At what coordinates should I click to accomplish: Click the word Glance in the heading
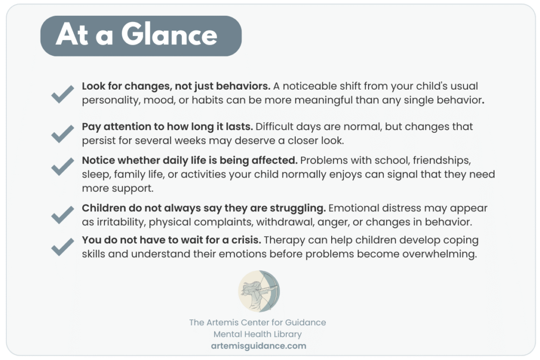(169, 35)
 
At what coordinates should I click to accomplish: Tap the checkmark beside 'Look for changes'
(63, 94)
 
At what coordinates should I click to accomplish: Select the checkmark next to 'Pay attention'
(63, 133)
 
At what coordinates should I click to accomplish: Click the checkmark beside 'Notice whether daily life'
(63, 166)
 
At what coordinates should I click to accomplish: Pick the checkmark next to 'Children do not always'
(63, 215)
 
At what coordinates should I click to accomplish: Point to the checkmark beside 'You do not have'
(63, 247)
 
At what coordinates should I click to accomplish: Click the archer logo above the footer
(259, 291)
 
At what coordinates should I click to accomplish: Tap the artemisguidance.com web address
(258, 346)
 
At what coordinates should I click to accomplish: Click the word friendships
(442, 160)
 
